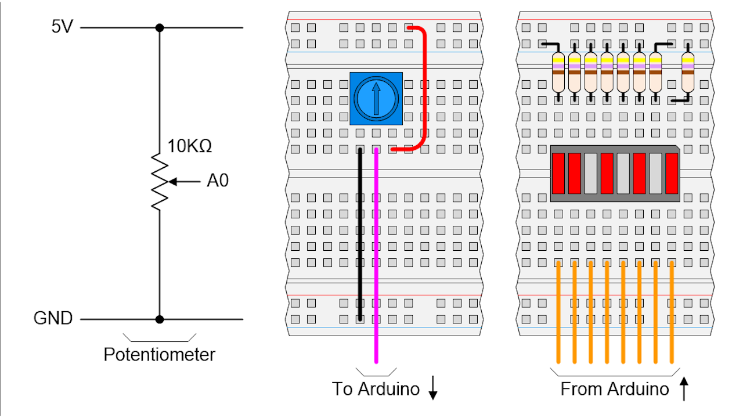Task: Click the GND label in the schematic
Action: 53,319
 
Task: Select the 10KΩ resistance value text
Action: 190,146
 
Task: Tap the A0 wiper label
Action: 218,181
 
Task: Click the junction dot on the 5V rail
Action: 160,27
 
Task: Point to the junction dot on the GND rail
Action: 160,319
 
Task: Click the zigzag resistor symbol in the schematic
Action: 160,182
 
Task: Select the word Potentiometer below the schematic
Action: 159,354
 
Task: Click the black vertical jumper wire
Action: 360,232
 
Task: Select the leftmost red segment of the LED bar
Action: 558,173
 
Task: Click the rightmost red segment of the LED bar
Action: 672,173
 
